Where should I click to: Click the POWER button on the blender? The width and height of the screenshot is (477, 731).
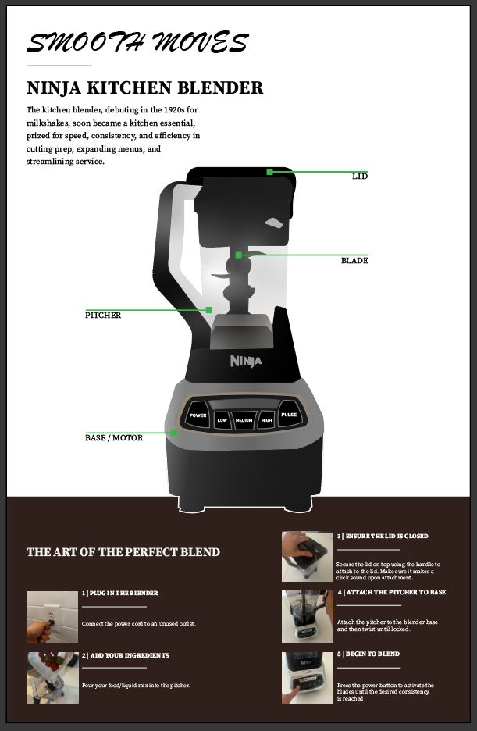coord(198,415)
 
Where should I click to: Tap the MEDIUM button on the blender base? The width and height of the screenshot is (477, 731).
coord(244,420)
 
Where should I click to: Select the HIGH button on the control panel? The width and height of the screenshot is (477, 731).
coord(266,420)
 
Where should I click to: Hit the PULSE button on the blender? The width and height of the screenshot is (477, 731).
coord(290,415)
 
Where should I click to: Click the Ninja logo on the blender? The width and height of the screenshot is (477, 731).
coord(246,361)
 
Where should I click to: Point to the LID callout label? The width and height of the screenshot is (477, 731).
coord(360,177)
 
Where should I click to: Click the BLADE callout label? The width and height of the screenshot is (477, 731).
coord(354,260)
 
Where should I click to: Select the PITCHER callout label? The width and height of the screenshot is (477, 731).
coord(103,316)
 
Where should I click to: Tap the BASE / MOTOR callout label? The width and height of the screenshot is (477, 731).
coord(114,438)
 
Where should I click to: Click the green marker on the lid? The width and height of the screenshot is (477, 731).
coord(269,172)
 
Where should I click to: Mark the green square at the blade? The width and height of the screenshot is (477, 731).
coord(239,255)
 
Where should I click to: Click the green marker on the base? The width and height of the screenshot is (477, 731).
coord(174,433)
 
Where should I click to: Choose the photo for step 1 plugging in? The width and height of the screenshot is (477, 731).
coord(52,617)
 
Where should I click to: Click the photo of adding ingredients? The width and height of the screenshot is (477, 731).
coord(52,678)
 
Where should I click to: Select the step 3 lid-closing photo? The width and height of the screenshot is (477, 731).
coord(307,557)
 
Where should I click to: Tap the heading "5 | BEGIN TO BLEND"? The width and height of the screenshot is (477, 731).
coord(368,654)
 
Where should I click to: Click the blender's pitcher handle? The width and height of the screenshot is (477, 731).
coord(172,261)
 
